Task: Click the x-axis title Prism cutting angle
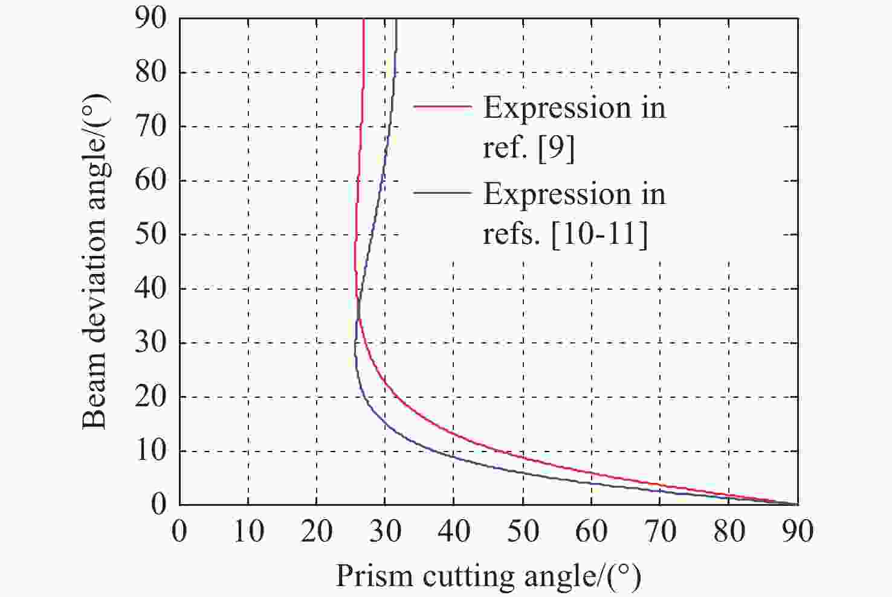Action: pos(488,576)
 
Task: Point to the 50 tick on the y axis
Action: pos(150,234)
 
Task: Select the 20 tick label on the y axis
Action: pos(150,397)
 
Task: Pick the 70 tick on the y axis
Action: pos(150,127)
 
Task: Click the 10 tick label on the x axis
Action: pos(248,531)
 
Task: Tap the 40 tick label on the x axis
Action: pos(454,531)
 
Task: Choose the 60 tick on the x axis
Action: pos(591,531)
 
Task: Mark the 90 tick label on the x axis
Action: pos(797,531)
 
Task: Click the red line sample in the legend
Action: pos(442,106)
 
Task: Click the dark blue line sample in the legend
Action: pos(442,193)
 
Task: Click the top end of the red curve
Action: pos(364,21)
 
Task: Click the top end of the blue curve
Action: pos(396,21)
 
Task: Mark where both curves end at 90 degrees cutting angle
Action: pos(797,503)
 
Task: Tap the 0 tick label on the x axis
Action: pos(179,531)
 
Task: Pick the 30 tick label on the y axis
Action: pos(150,342)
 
